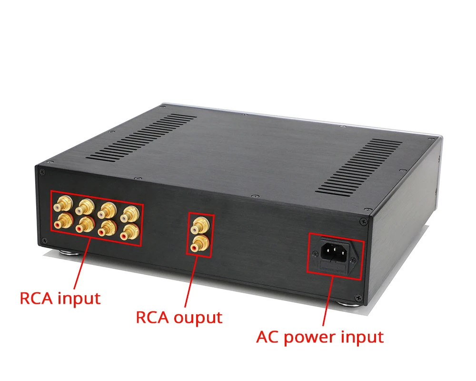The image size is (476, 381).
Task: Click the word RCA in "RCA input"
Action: (x=36, y=299)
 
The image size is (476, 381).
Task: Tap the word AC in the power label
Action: (x=268, y=337)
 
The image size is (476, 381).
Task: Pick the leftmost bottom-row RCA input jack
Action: (x=63, y=220)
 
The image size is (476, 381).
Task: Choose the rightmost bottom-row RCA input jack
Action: (x=128, y=232)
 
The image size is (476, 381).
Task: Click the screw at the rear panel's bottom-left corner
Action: (x=44, y=240)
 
